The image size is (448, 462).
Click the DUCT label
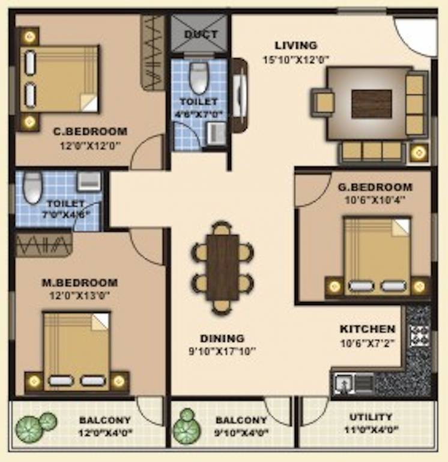[x=201, y=34]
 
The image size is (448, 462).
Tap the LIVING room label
[x=295, y=46]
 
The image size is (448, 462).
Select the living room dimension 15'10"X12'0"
[x=295, y=60]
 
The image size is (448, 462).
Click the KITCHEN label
[x=368, y=329]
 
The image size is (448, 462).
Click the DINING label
[x=222, y=338]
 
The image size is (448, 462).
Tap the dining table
[x=222, y=266]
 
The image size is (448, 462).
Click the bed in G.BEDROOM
[x=377, y=256]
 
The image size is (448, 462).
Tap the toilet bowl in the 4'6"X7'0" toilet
[x=199, y=78]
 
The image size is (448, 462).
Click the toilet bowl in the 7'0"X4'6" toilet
[x=32, y=186]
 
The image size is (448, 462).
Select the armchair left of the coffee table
[x=322, y=101]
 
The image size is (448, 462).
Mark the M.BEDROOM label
[x=79, y=282]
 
